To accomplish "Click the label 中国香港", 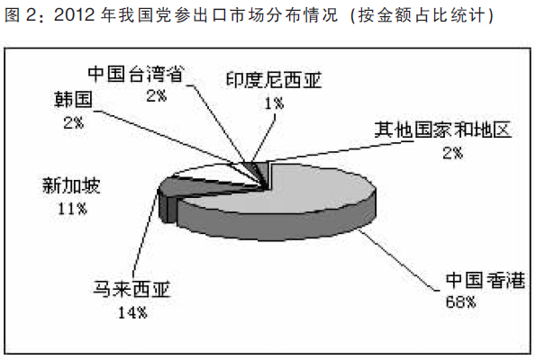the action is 486,280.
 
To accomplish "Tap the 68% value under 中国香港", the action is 460,301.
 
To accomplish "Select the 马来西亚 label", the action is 132,289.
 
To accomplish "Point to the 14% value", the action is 132,312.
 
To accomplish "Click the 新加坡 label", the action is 71,185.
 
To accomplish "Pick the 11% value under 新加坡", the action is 72,208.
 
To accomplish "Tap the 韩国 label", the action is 74,99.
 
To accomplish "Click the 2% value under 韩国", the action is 74,122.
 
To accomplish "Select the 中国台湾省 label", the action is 136,74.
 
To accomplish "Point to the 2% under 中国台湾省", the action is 157,95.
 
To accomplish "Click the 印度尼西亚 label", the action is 274,80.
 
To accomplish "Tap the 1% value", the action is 274,103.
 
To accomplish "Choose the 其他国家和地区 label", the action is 443,130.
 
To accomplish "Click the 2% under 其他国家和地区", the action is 452,153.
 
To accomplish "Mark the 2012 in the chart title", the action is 74,15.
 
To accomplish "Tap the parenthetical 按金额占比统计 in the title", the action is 422,15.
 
